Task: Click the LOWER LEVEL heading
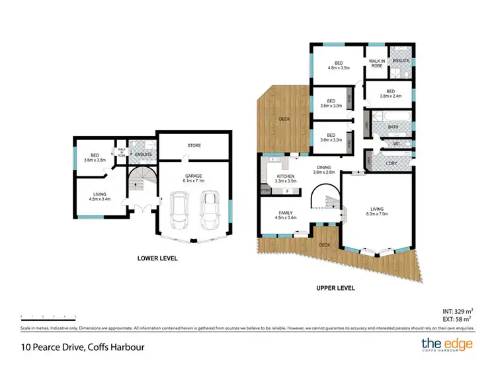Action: (x=157, y=258)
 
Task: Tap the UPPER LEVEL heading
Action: (x=335, y=288)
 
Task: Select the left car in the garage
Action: (x=179, y=209)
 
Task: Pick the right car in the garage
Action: (x=210, y=207)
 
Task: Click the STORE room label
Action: (x=194, y=145)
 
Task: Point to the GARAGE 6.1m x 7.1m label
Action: (x=193, y=178)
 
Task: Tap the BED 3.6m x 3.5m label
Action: (x=95, y=158)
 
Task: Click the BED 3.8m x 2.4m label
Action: (x=390, y=94)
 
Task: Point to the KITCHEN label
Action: (x=285, y=178)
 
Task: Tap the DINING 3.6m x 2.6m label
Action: (x=324, y=170)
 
